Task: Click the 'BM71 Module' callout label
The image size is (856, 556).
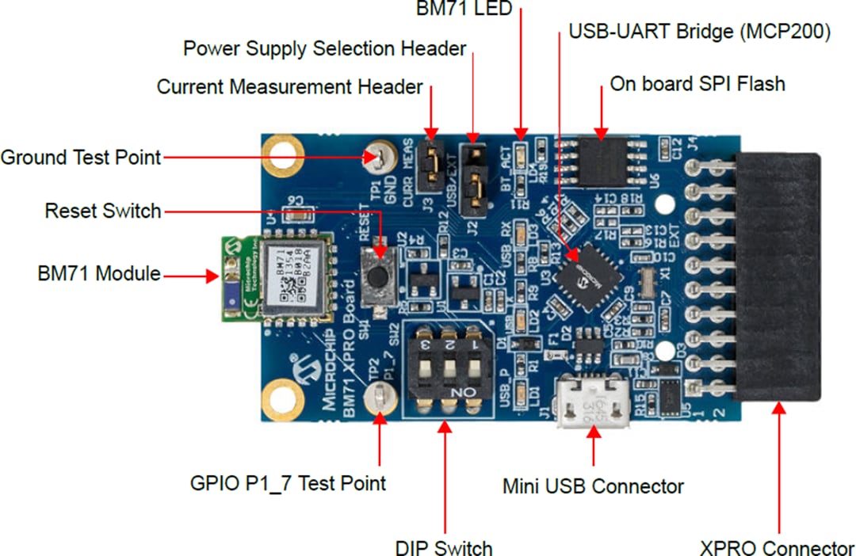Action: coord(98,274)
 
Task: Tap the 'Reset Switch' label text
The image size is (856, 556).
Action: coord(103,211)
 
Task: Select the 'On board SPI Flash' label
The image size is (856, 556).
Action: coord(697,84)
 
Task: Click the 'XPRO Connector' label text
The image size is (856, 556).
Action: coord(777,547)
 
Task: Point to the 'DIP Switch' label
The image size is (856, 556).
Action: coord(444,547)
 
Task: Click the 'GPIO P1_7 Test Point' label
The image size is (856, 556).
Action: coord(288,482)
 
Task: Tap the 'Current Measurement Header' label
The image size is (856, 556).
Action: coord(289,86)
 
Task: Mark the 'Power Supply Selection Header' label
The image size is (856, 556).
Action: coord(324,48)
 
